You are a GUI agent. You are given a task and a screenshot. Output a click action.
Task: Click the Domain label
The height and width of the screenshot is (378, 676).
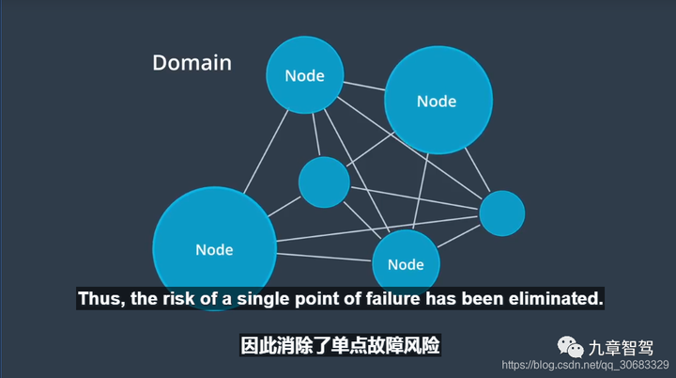point(192,63)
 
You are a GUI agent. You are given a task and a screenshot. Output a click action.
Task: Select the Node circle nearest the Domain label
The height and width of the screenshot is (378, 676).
point(305,74)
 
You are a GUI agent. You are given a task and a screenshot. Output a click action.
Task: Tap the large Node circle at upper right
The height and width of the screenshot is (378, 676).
point(438,101)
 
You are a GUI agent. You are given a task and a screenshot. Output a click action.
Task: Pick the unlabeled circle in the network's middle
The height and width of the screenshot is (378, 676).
point(324,181)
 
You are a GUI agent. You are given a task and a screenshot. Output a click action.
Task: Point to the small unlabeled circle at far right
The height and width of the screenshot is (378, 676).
point(501,213)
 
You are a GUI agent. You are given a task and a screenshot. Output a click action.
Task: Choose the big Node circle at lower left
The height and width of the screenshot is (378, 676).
point(214,249)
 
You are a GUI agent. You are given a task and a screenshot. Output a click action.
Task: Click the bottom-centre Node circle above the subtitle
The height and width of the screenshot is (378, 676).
point(406,262)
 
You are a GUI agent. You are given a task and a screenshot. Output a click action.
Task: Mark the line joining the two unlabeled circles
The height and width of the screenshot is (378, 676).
point(413,197)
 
